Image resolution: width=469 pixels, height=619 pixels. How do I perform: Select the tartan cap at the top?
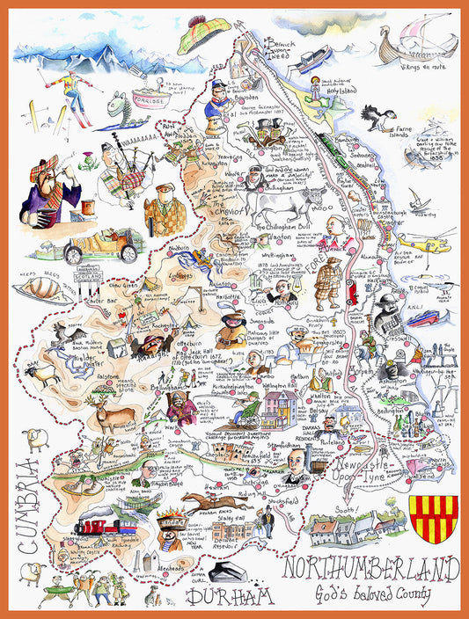[x=203, y=34]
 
